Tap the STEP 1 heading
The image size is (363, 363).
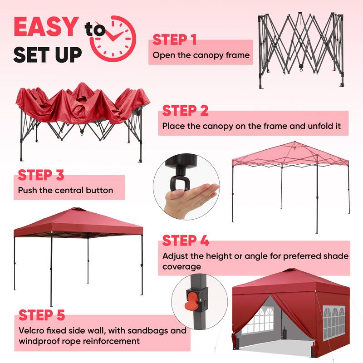click(174, 39)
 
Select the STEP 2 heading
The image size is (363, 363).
click(185, 111)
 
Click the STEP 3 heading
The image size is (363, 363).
click(40, 175)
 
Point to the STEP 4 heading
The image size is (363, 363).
click(185, 240)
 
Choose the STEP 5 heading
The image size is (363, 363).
click(42, 314)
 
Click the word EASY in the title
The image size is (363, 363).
click(46, 27)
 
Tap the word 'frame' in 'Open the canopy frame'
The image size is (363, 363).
click(238, 55)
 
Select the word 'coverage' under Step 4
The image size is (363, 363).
click(182, 267)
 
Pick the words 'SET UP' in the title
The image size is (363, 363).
click(48, 54)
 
